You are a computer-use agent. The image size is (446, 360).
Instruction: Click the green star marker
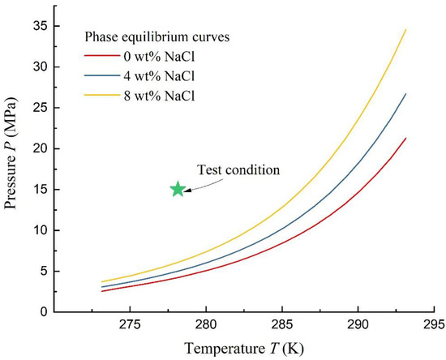[x=178, y=189]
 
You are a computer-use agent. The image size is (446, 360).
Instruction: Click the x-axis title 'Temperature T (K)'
[x=243, y=349]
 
